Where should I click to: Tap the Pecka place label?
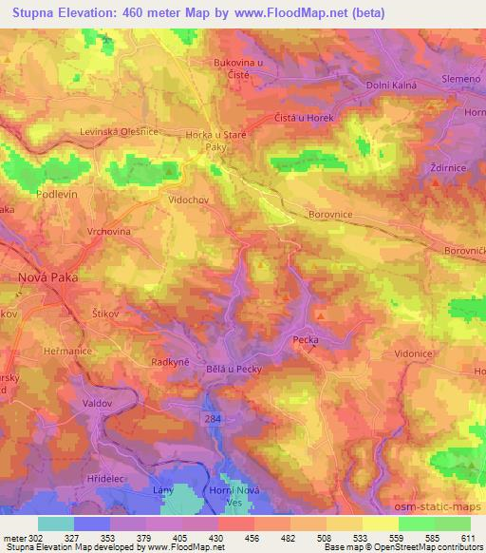(x=305, y=339)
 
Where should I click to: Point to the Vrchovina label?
(x=96, y=230)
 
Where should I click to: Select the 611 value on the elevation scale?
(x=469, y=537)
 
